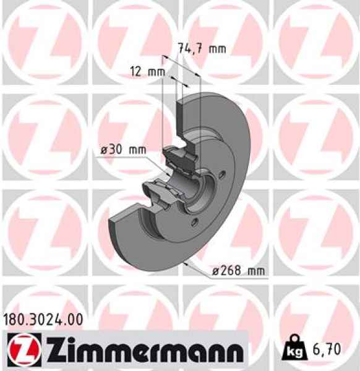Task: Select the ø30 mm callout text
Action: pos(122,150)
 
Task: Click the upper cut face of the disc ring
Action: pos(183,117)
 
